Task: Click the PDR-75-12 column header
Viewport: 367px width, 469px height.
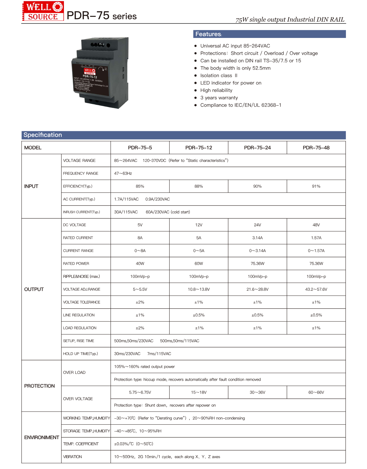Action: coord(199,148)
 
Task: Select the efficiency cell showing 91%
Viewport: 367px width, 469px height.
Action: coord(316,186)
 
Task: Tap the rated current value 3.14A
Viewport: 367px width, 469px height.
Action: coord(257,238)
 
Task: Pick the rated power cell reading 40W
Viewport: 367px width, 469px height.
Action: coord(140,263)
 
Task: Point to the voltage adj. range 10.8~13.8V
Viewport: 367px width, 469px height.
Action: coord(199,289)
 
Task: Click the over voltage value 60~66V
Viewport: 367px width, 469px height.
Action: coord(316,392)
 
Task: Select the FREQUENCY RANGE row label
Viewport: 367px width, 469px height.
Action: coord(81,173)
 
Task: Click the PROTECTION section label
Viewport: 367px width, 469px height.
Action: coord(40,386)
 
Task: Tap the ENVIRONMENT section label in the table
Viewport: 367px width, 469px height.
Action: coord(42,437)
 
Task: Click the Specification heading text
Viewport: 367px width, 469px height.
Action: coord(43,135)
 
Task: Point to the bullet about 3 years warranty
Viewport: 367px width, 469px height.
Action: coord(219,98)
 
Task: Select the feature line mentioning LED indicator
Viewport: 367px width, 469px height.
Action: coord(231,83)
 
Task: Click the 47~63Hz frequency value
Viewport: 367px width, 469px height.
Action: coord(123,173)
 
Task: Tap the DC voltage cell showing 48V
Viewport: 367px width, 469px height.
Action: coord(316,225)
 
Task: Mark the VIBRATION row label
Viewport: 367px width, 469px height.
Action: coord(73,457)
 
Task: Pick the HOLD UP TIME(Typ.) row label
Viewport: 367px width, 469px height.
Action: coord(80,354)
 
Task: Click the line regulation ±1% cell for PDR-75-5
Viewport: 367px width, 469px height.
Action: coord(140,315)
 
